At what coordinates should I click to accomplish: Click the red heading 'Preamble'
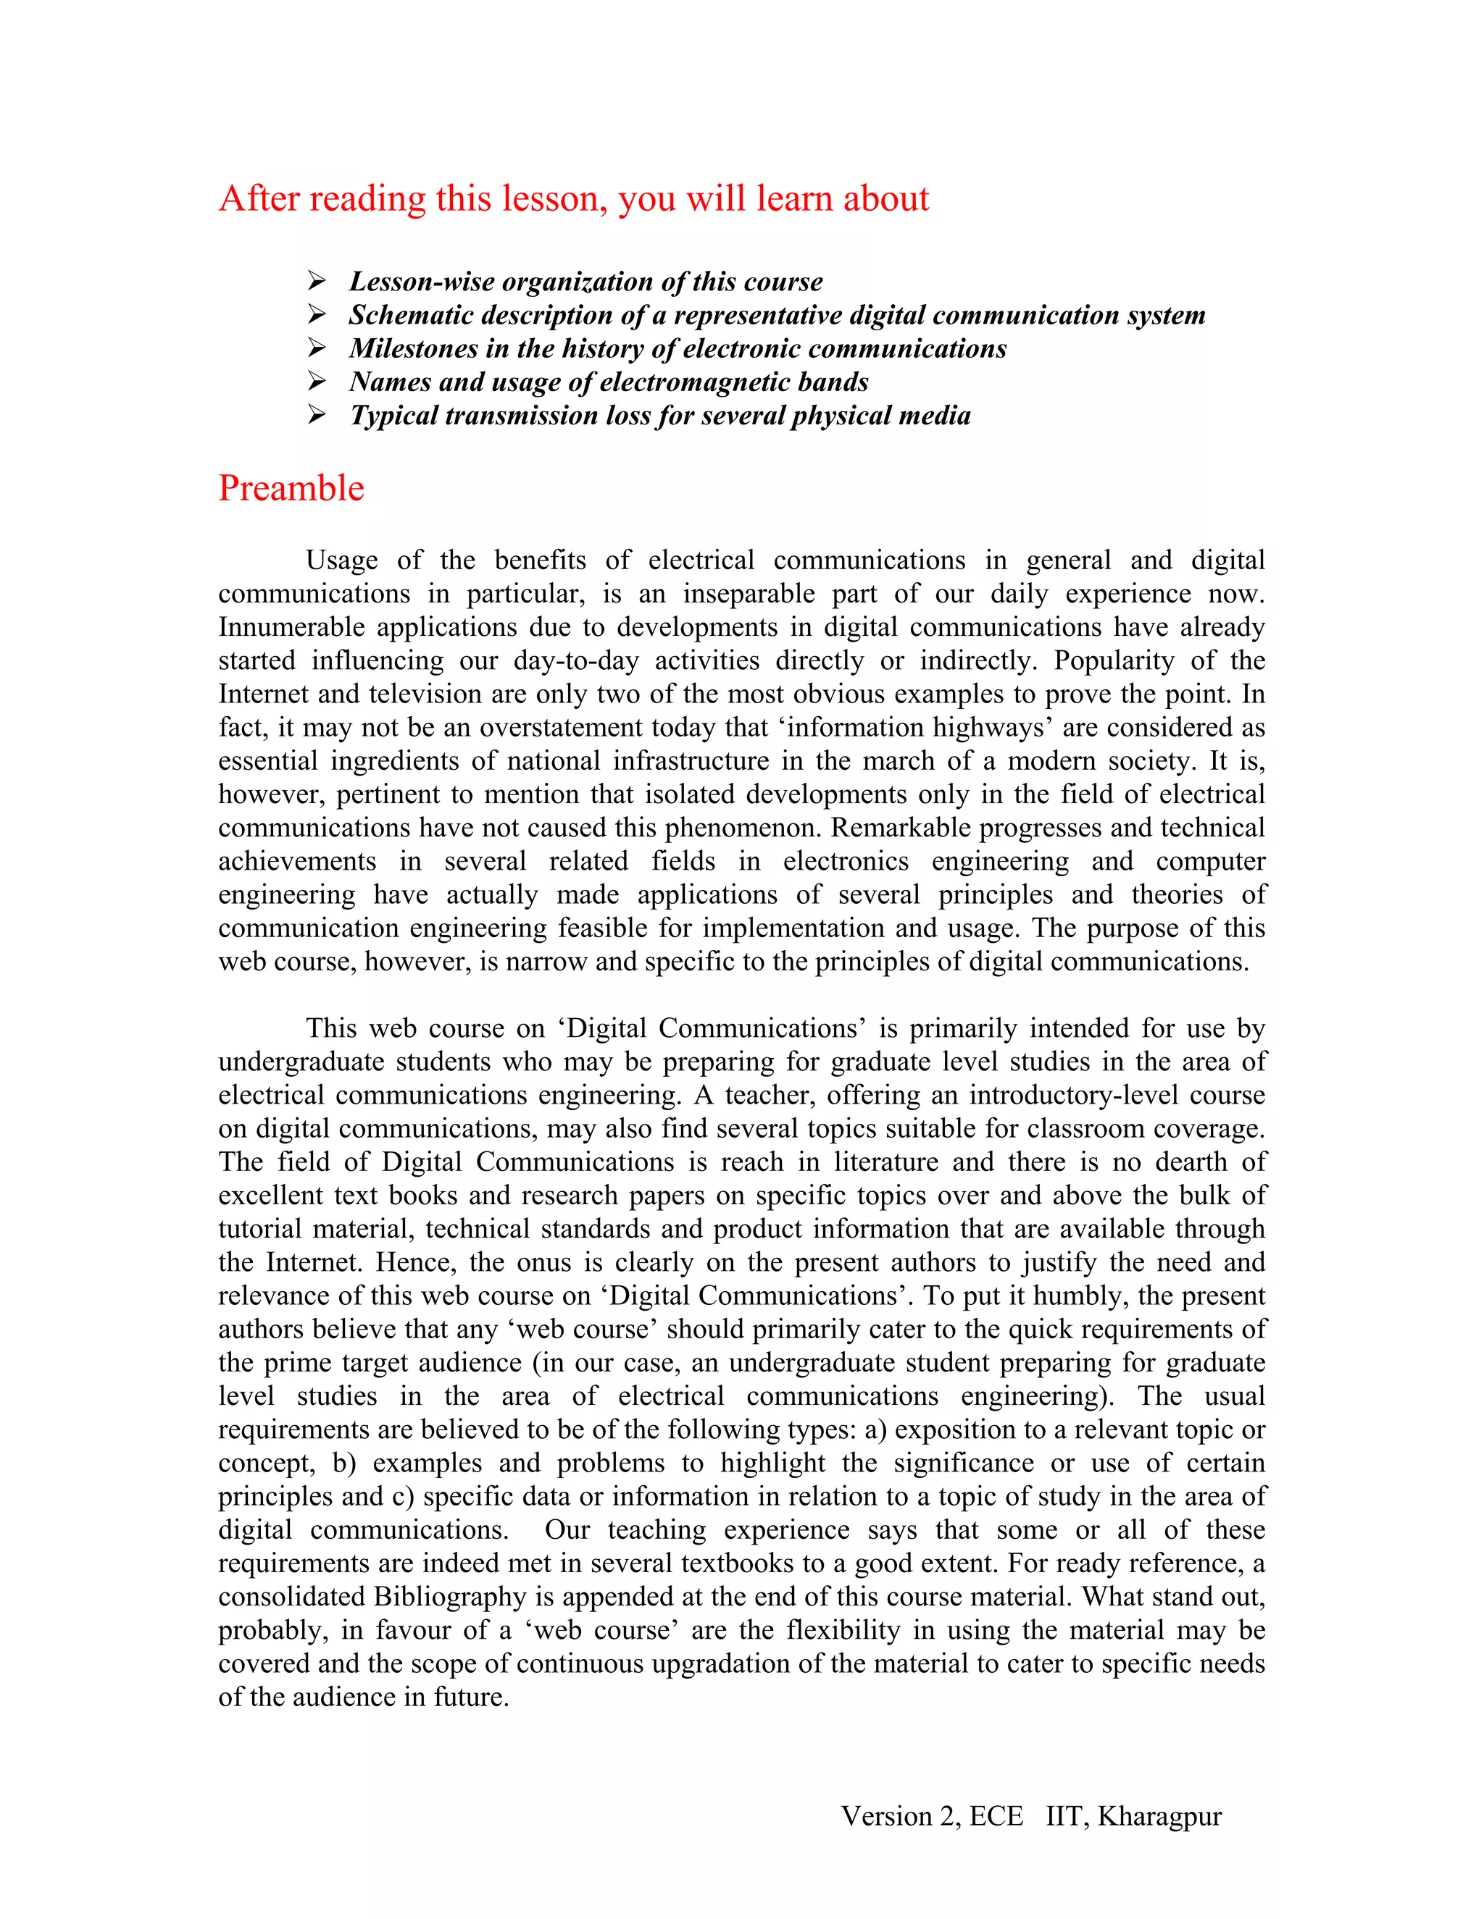point(291,489)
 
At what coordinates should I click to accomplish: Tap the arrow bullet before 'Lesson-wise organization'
point(317,281)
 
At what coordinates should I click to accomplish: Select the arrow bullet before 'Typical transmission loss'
point(317,415)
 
